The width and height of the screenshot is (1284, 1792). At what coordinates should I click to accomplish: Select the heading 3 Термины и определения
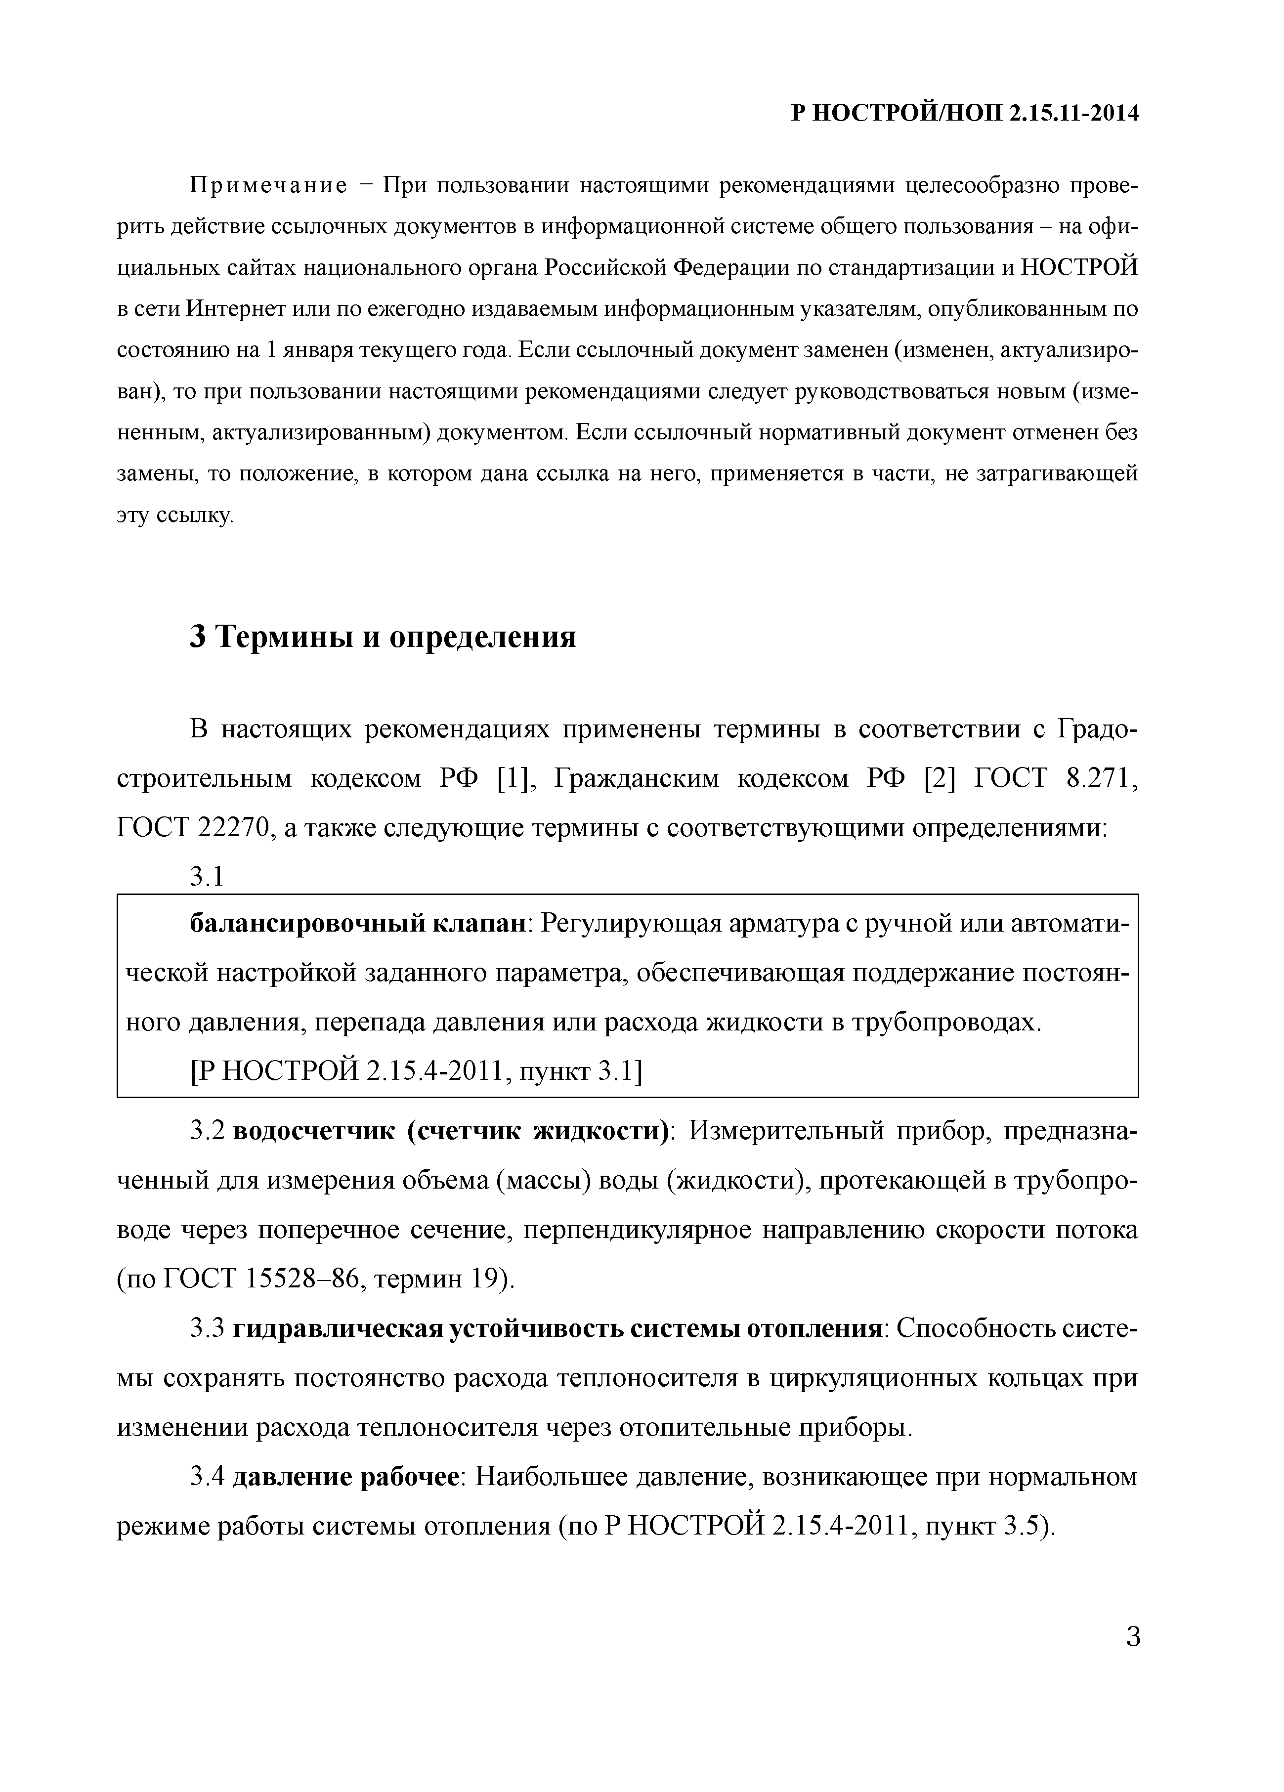[383, 636]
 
